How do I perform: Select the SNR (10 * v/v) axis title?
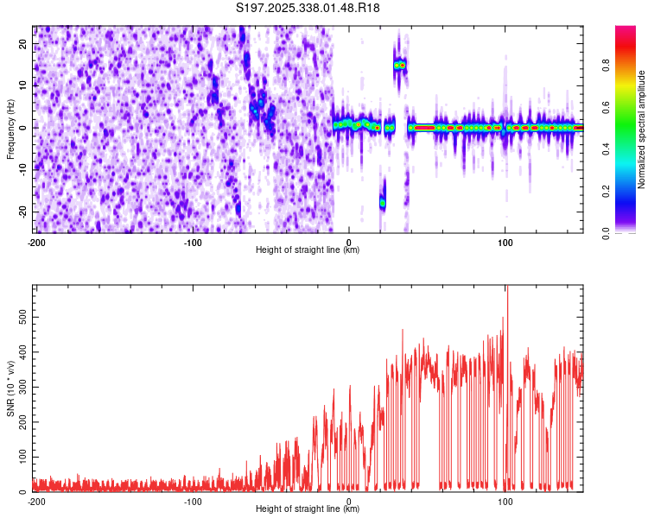click(x=10, y=388)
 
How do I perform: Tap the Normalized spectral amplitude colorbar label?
click(x=642, y=129)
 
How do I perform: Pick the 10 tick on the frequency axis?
click(x=23, y=85)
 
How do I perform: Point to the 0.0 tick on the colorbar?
click(x=606, y=232)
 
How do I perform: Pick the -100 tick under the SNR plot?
click(x=193, y=501)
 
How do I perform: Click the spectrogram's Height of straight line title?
click(x=308, y=250)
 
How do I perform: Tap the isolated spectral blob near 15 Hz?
click(x=399, y=65)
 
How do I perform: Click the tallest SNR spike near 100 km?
click(x=507, y=289)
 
